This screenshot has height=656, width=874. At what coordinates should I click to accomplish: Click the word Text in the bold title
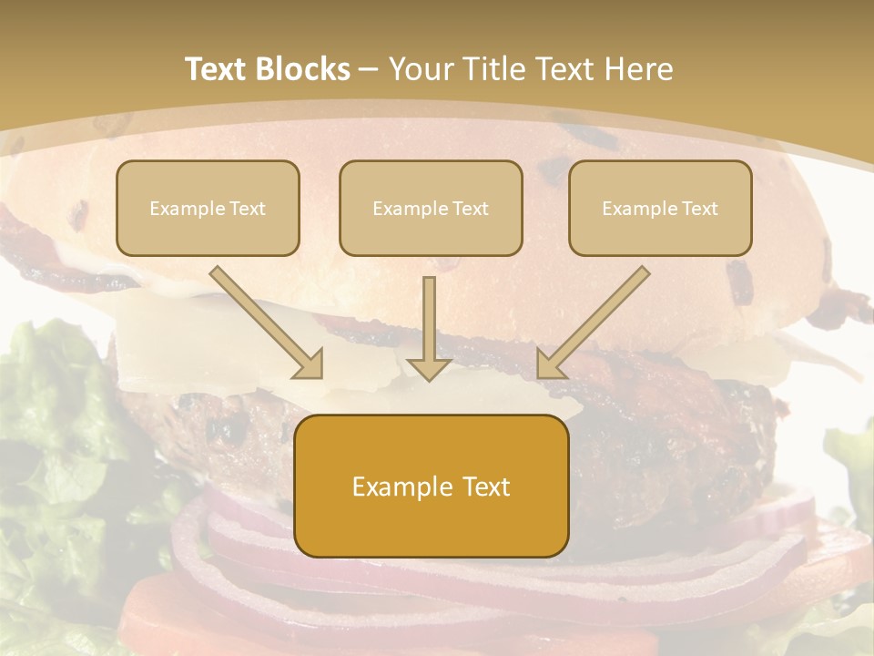(x=217, y=69)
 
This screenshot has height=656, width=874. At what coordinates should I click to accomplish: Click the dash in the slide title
(x=370, y=70)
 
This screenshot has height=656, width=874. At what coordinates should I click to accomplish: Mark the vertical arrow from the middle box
(x=429, y=323)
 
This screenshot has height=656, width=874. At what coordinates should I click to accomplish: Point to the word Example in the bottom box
(x=397, y=487)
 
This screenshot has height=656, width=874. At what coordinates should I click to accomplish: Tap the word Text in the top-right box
(x=698, y=209)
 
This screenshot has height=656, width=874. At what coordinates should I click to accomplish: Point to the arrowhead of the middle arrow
(x=429, y=368)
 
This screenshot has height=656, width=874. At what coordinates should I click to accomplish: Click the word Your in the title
(x=420, y=69)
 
